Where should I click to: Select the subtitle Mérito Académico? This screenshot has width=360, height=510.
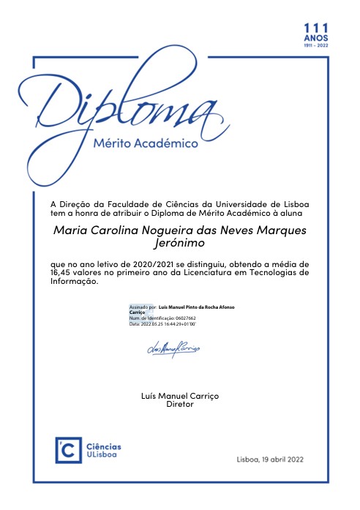pos(146,144)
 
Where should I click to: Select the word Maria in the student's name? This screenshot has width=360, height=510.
pos(72,230)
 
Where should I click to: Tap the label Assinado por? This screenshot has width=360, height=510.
pos(143,307)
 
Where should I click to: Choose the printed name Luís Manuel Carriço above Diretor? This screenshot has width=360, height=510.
pos(179,395)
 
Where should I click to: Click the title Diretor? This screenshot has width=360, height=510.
pos(180,404)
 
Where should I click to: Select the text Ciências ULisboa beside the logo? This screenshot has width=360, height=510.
pos(104,451)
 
